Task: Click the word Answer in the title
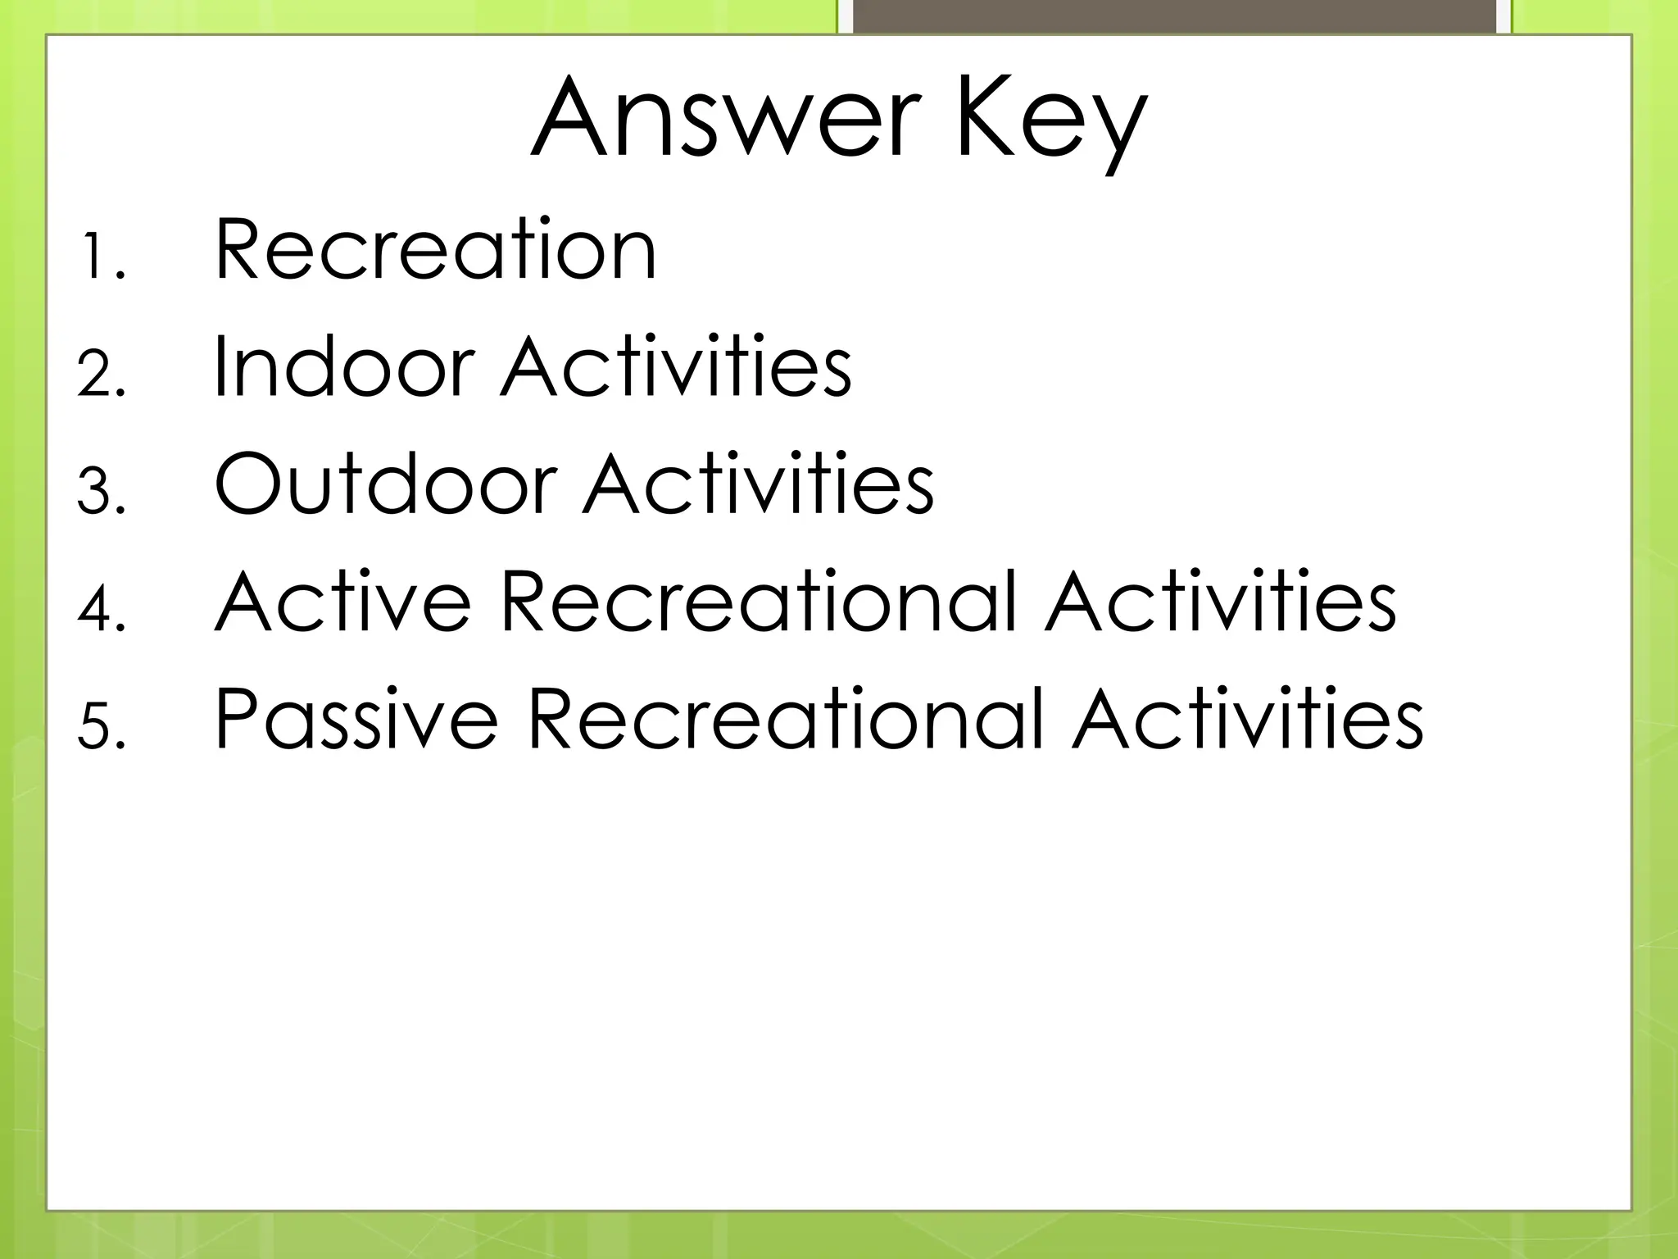tap(721, 119)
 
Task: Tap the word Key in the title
tap(1050, 123)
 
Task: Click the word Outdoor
tap(385, 484)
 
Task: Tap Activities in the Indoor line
tap(676, 366)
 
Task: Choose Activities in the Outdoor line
tap(758, 484)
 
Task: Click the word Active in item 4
tap(342, 601)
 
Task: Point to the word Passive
tap(356, 719)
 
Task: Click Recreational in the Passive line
tap(785, 719)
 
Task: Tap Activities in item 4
tap(1220, 601)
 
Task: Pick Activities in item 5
tap(1247, 719)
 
